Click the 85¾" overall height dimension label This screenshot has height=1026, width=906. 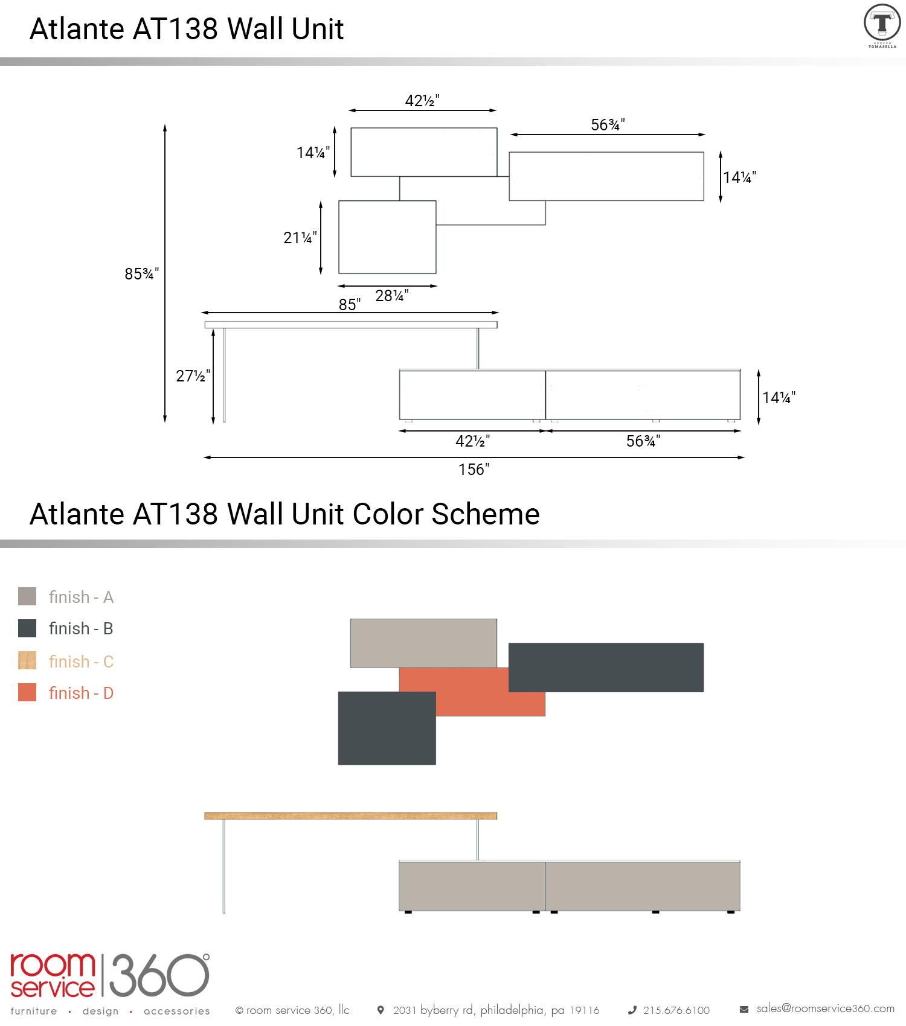(141, 274)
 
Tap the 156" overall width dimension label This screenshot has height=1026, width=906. (474, 470)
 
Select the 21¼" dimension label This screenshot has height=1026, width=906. (300, 238)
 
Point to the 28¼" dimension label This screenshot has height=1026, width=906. (392, 296)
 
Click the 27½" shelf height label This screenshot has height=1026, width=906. (193, 376)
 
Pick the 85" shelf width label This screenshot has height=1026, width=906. (350, 304)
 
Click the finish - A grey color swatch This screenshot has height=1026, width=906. (27, 596)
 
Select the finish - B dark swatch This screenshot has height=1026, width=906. (27, 628)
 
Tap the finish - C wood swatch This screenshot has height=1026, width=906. (27, 660)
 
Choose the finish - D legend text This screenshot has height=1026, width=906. (81, 693)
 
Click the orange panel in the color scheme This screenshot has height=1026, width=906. (472, 692)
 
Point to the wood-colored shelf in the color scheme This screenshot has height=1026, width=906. (351, 816)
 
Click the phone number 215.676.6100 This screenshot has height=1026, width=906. (676, 1010)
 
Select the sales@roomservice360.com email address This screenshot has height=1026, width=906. (826, 1008)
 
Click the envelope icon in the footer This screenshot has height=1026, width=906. (744, 1009)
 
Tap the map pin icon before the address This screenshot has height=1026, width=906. (381, 1010)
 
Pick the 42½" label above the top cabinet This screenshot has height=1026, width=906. (422, 101)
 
